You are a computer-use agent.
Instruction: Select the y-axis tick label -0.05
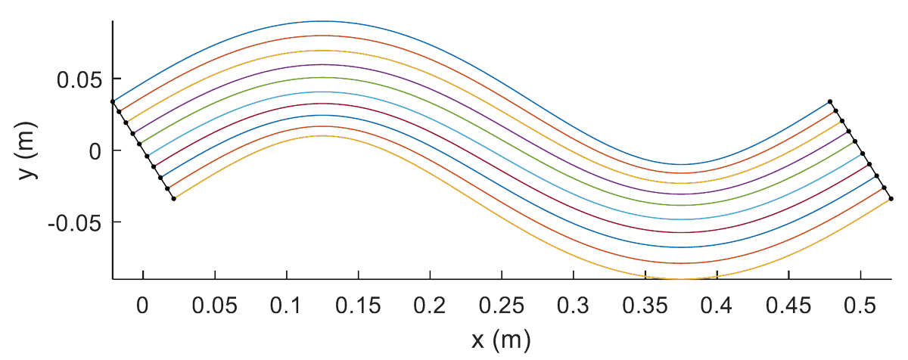[74, 222]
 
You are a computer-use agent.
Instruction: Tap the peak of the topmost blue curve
[322, 21]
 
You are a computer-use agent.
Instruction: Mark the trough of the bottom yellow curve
[681, 279]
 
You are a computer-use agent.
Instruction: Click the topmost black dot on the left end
[113, 101]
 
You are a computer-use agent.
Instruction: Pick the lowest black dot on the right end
[891, 198]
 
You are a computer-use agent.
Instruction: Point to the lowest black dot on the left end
[174, 199]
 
